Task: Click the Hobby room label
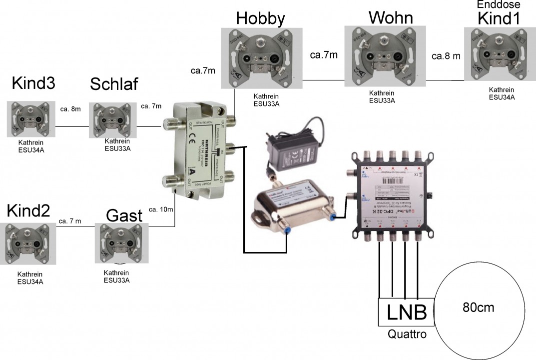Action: [260, 18]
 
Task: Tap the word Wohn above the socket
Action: [391, 17]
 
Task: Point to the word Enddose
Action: [499, 4]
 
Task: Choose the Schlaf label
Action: [114, 84]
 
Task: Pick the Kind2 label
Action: [28, 211]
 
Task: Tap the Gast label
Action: [124, 216]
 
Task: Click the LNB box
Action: [407, 312]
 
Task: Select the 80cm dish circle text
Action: [478, 307]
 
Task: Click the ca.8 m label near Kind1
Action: [446, 56]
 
